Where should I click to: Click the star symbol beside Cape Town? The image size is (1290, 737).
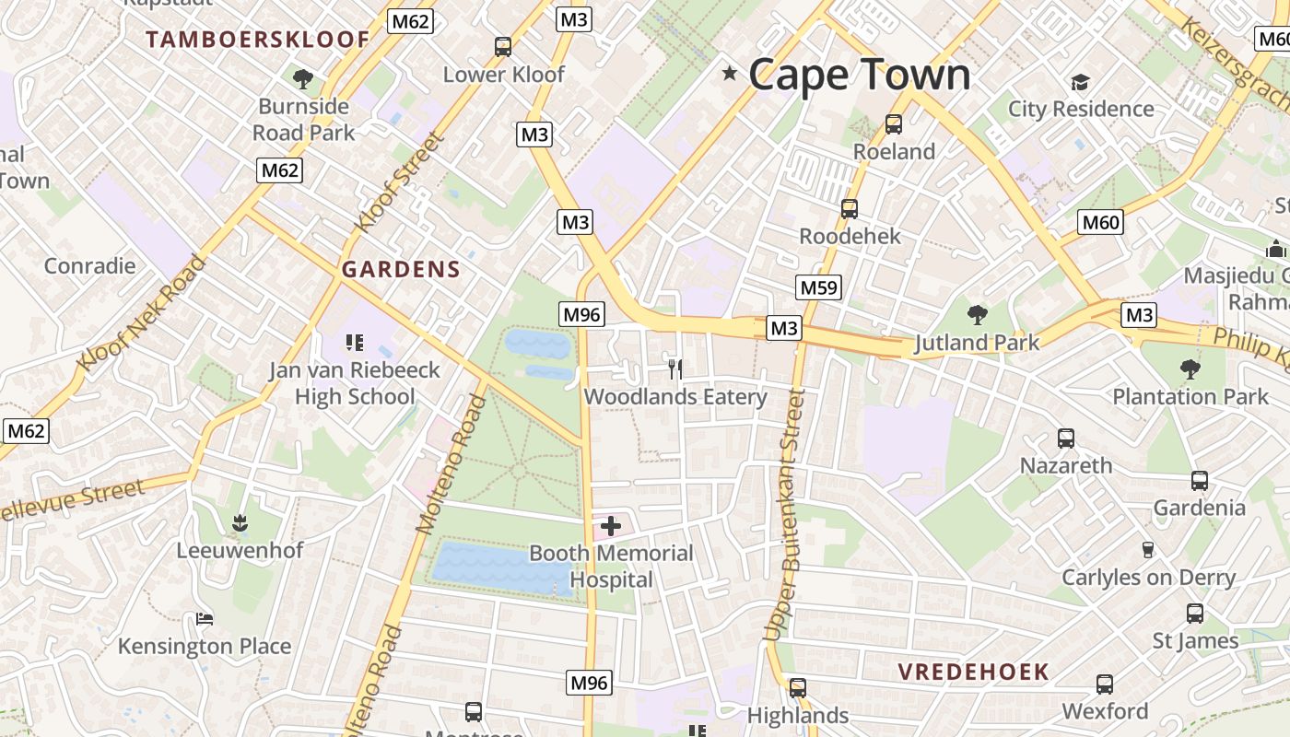point(730,73)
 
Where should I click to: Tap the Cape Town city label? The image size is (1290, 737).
point(859,75)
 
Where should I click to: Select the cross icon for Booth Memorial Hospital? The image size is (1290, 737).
point(611,526)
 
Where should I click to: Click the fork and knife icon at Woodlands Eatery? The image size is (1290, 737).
point(675,369)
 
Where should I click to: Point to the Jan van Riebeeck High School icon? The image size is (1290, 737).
point(355,343)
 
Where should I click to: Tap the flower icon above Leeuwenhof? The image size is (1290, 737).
point(240,524)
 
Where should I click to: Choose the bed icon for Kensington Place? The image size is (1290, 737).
point(205,619)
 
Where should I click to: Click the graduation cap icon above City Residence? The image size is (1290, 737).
point(1080,83)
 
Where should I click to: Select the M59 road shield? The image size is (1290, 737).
point(819,287)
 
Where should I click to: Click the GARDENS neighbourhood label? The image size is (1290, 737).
point(401,269)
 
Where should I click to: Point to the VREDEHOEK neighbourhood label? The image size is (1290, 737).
point(974,672)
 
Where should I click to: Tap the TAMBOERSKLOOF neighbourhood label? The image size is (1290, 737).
point(258,40)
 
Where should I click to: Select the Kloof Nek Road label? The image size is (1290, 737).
point(141,314)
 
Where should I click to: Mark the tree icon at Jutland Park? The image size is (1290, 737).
point(977,315)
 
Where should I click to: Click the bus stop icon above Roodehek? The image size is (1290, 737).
point(849,209)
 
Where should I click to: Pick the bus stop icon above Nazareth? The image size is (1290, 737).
point(1066,439)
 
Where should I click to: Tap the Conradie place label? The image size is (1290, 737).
point(90,266)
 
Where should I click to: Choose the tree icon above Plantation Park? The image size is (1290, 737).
point(1190,369)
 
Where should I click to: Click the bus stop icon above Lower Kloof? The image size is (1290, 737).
point(503,47)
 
